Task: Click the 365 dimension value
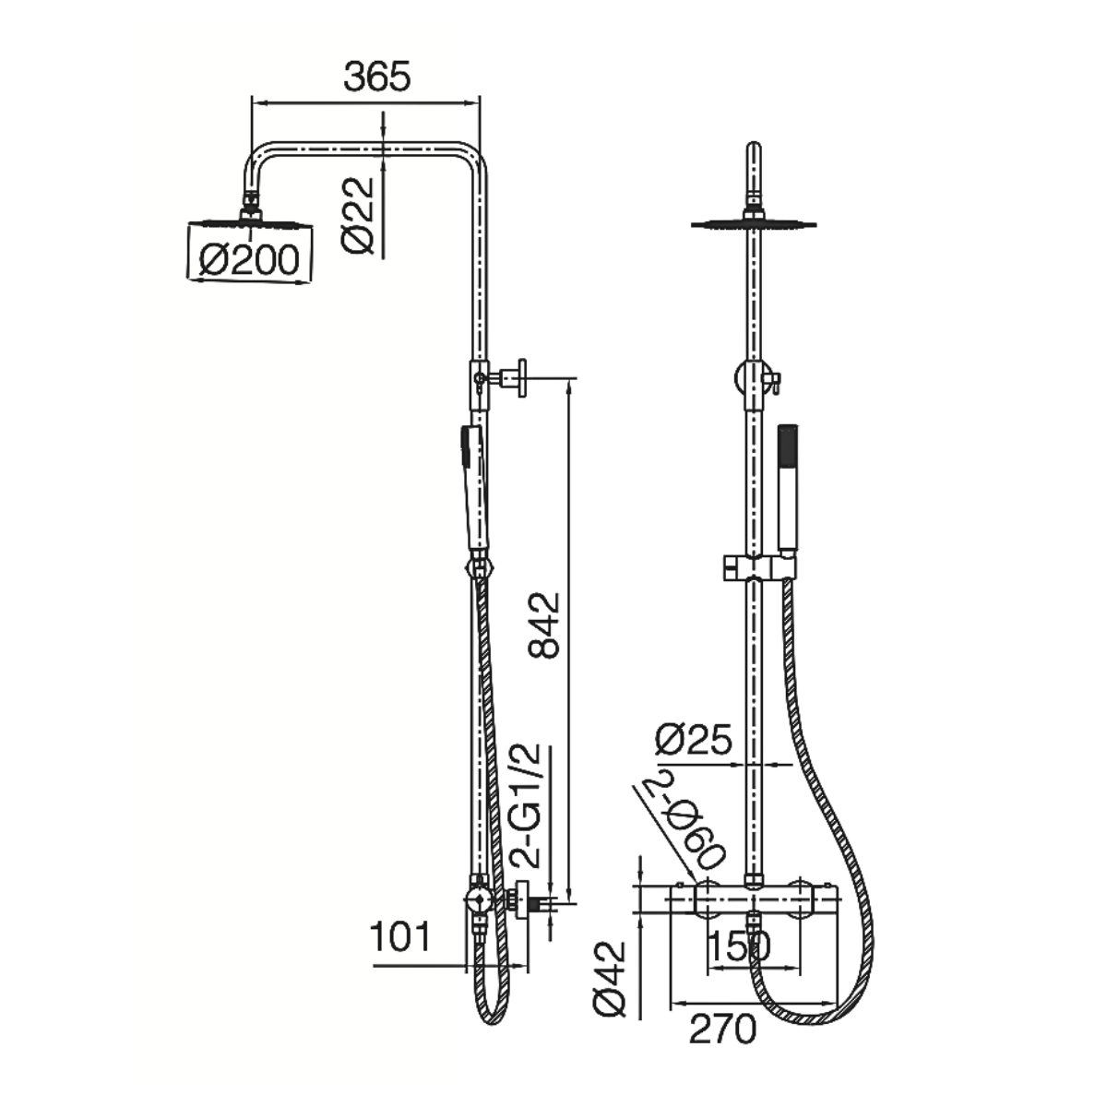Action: (377, 77)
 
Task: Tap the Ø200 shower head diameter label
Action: (249, 260)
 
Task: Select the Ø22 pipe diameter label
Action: (357, 215)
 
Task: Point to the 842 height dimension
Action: (543, 625)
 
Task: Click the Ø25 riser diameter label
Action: (694, 738)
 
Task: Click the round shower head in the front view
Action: (753, 223)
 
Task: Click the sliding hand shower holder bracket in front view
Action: (759, 567)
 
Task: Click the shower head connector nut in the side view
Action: (251, 206)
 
